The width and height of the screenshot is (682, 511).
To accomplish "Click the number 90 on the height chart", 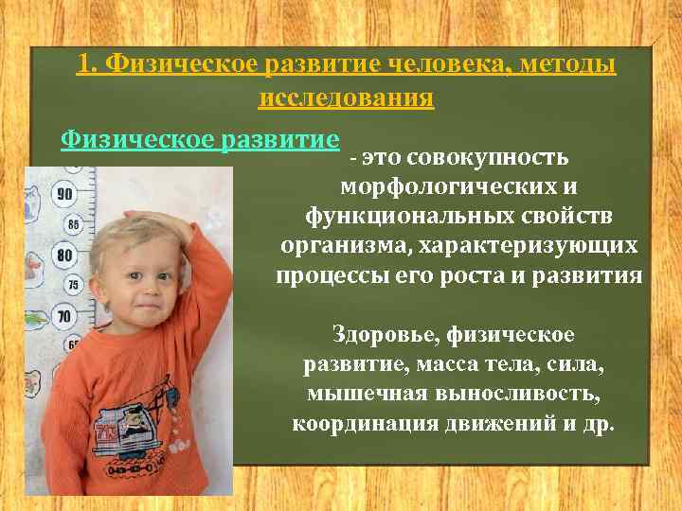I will pyautogui.click(x=64, y=194).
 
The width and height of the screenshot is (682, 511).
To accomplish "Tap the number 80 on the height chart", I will pyautogui.click(x=64, y=255).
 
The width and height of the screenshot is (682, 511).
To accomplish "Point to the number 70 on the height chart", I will pyautogui.click(x=63, y=316).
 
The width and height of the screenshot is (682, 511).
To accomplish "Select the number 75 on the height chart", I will pyautogui.click(x=73, y=285).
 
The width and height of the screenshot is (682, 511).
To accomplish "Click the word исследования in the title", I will pyautogui.click(x=346, y=97).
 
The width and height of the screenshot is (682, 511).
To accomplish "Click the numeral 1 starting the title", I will pyautogui.click(x=84, y=64).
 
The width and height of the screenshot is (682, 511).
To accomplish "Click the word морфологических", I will pyautogui.click(x=461, y=186).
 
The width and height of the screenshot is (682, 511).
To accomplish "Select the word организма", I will pyautogui.click(x=333, y=246).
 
